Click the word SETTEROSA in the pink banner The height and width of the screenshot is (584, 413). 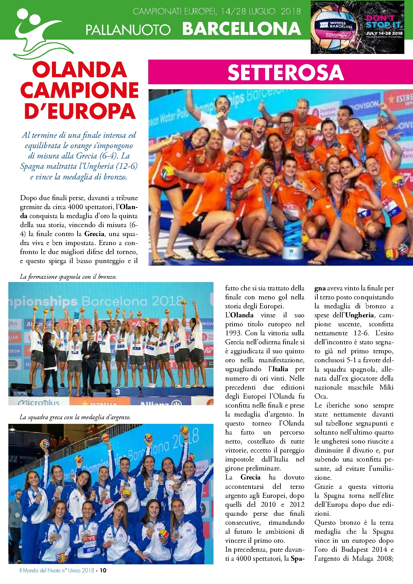point(285,73)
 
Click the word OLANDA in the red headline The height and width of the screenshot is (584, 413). point(80,70)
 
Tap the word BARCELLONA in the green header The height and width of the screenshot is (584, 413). point(242,29)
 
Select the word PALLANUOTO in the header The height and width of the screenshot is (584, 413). point(128,30)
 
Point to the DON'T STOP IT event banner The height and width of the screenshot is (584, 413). point(357,27)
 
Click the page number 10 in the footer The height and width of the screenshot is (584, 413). point(103,570)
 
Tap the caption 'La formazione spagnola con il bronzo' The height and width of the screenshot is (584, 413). point(68,277)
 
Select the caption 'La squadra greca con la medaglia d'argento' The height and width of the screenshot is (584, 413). point(75,417)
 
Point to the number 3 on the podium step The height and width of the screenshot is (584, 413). point(118,392)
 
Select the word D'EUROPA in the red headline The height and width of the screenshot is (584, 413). point(80,111)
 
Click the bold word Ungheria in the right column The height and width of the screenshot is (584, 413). point(359,315)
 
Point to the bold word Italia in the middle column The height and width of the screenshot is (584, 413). point(280,369)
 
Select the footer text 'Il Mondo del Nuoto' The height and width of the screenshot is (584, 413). point(40,570)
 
